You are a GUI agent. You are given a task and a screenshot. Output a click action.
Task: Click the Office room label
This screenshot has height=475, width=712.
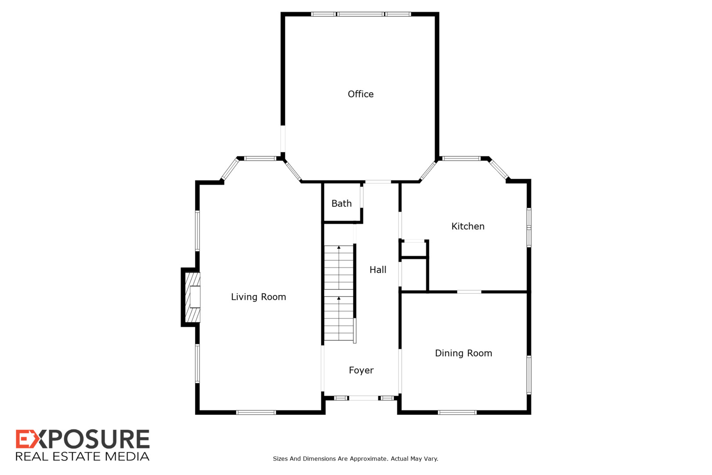[x=360, y=94]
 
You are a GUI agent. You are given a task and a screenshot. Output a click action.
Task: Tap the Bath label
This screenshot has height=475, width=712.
[x=341, y=204]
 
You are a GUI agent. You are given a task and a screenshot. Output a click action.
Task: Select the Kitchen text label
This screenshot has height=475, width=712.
[x=468, y=227]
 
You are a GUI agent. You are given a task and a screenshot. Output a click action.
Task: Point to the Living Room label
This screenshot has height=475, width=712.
[x=258, y=297]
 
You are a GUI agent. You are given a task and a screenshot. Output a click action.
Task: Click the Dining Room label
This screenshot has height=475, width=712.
[x=463, y=353]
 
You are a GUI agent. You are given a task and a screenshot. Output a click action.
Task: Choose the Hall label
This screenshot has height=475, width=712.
[x=378, y=270]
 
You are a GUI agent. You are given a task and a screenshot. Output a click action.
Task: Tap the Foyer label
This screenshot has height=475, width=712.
[x=361, y=370]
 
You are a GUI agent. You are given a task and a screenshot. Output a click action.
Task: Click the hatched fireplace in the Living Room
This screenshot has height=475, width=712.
[x=193, y=297]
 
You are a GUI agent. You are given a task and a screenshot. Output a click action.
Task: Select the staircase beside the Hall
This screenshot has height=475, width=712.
[x=339, y=293]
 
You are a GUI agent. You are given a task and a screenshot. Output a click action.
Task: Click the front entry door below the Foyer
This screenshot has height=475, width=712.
[x=363, y=398]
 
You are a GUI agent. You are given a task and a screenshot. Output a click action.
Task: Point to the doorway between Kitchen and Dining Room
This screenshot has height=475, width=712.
[x=469, y=292]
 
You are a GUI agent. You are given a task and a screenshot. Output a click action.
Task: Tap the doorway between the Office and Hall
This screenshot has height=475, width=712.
[x=378, y=182]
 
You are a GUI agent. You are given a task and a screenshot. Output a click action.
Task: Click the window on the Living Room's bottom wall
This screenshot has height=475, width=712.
[x=256, y=412]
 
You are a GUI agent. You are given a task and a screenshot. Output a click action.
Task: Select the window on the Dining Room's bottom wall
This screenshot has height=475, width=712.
[x=457, y=412]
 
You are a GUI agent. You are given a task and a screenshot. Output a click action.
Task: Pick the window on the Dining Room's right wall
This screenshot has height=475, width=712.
[x=529, y=375]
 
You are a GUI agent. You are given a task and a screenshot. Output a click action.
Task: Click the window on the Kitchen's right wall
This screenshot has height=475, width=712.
[x=529, y=227]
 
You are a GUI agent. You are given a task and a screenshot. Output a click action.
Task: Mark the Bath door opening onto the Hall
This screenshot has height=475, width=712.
[x=362, y=197]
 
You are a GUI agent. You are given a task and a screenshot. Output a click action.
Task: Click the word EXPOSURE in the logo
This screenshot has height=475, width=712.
[x=83, y=439]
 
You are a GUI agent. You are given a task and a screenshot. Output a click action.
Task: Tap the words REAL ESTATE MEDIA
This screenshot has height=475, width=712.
[x=83, y=457]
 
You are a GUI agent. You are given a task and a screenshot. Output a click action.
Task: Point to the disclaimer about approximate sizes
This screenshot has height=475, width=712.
[x=356, y=459]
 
